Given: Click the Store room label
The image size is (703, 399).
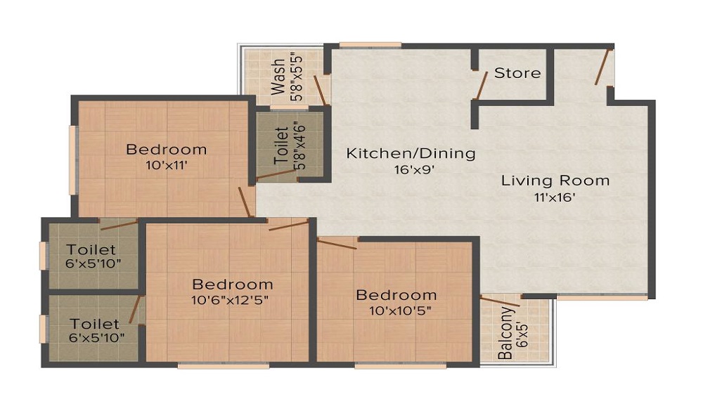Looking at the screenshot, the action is click(517, 73).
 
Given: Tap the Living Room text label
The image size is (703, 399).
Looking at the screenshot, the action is click(555, 181).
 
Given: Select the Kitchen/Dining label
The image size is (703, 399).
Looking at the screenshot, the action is click(411, 154).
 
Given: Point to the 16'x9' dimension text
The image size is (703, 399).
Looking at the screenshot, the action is click(415, 170).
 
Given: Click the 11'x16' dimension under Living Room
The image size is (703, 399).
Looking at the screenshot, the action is click(555, 197).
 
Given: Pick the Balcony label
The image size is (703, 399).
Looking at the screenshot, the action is click(505, 333).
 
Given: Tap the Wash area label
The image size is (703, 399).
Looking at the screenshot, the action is click(278, 77).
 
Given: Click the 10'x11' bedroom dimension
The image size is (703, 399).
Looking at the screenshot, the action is click(167, 165).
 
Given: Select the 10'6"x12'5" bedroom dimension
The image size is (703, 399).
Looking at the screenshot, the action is click(230, 299).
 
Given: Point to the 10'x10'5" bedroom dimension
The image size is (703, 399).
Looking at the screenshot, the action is click(401, 310).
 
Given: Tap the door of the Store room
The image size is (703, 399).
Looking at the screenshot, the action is click(481, 86).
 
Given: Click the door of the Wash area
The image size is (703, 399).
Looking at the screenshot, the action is click(322, 91).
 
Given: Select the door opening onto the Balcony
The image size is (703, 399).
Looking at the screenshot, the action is click(501, 301).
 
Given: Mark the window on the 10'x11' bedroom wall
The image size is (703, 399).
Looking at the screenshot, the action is click(72, 160).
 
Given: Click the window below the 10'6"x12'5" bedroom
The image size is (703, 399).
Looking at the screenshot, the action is click(224, 365).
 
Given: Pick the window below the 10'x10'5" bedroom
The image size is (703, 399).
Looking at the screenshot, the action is click(401, 365).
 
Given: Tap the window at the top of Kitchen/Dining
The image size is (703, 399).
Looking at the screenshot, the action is click(370, 45).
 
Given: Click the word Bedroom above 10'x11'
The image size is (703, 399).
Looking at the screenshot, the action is click(167, 149).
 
